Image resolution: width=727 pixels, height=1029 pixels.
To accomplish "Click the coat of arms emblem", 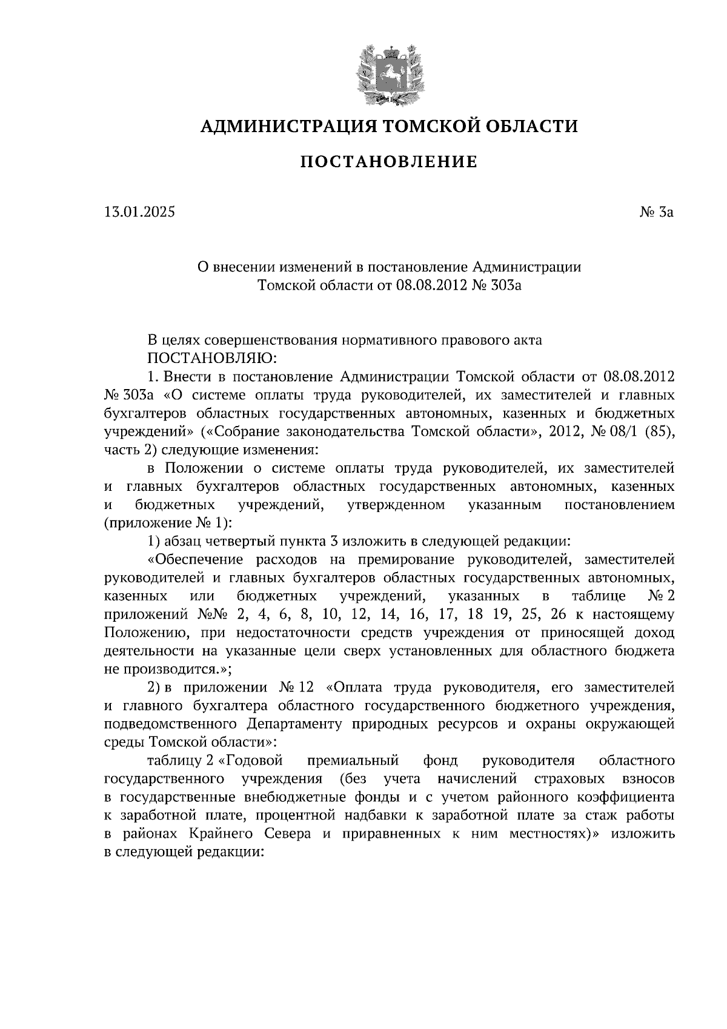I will coord(389,75).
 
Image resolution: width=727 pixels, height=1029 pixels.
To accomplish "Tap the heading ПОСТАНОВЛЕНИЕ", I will coord(389,162).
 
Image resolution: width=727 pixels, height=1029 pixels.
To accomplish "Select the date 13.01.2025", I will coord(139,213).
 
